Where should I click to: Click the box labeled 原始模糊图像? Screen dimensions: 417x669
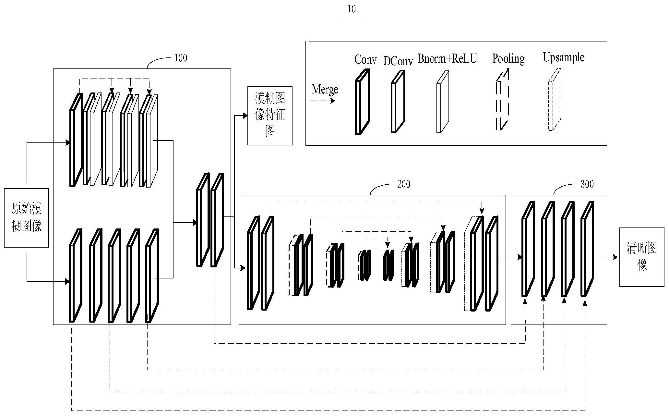click(x=26, y=218)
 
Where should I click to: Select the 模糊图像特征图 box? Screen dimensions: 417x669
click(x=270, y=115)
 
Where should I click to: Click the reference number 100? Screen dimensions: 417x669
click(x=181, y=58)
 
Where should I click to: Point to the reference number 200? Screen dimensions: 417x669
click(x=403, y=184)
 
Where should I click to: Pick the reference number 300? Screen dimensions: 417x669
click(x=587, y=184)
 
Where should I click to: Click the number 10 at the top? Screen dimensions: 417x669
click(x=352, y=9)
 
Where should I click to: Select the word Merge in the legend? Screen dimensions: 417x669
click(x=325, y=89)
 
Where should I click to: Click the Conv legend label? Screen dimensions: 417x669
click(x=365, y=59)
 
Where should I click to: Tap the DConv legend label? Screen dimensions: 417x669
click(x=398, y=61)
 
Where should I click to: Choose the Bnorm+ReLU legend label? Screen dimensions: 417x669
click(x=447, y=58)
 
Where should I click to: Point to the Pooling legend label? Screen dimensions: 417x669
click(x=508, y=58)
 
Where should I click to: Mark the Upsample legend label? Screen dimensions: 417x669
click(x=563, y=57)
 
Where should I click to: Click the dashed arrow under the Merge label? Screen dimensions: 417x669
click(x=323, y=101)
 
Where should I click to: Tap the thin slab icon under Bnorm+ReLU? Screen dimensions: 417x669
click(x=443, y=103)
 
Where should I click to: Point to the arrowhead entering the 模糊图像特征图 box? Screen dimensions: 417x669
click(x=245, y=115)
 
